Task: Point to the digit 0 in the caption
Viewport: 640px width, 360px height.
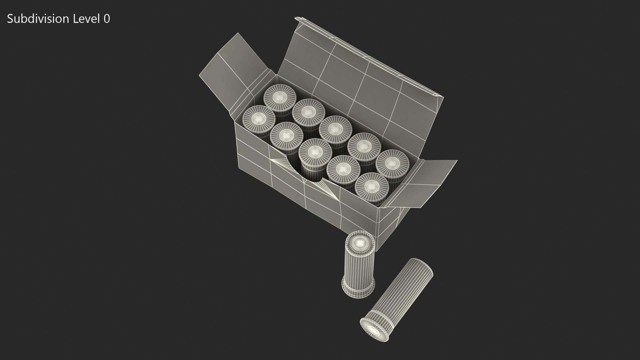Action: (x=107, y=19)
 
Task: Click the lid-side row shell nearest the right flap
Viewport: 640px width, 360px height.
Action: (x=393, y=163)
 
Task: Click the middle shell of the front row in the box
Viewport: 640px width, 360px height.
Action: (x=315, y=152)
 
